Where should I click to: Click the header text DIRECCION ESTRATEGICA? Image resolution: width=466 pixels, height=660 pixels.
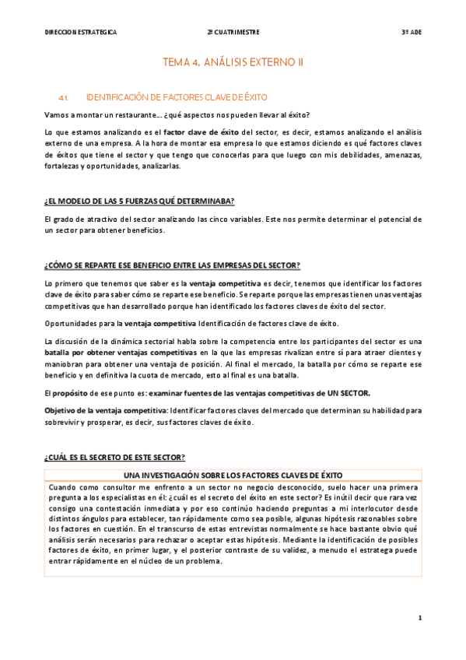pyautogui.click(x=81, y=33)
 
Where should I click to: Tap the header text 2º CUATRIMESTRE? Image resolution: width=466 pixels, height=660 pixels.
pyautogui.click(x=233, y=33)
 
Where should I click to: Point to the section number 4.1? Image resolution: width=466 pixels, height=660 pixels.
pyautogui.click(x=65, y=97)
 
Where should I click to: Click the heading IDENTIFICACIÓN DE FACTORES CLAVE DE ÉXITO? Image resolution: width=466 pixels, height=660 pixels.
pyautogui.click(x=177, y=97)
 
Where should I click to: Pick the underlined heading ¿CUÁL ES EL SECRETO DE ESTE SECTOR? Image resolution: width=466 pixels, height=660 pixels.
pyautogui.click(x=114, y=457)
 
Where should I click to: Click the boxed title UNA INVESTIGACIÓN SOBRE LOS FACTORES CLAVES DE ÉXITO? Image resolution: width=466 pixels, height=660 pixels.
pyautogui.click(x=233, y=475)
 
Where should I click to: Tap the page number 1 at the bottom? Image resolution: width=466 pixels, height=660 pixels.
pyautogui.click(x=419, y=618)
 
